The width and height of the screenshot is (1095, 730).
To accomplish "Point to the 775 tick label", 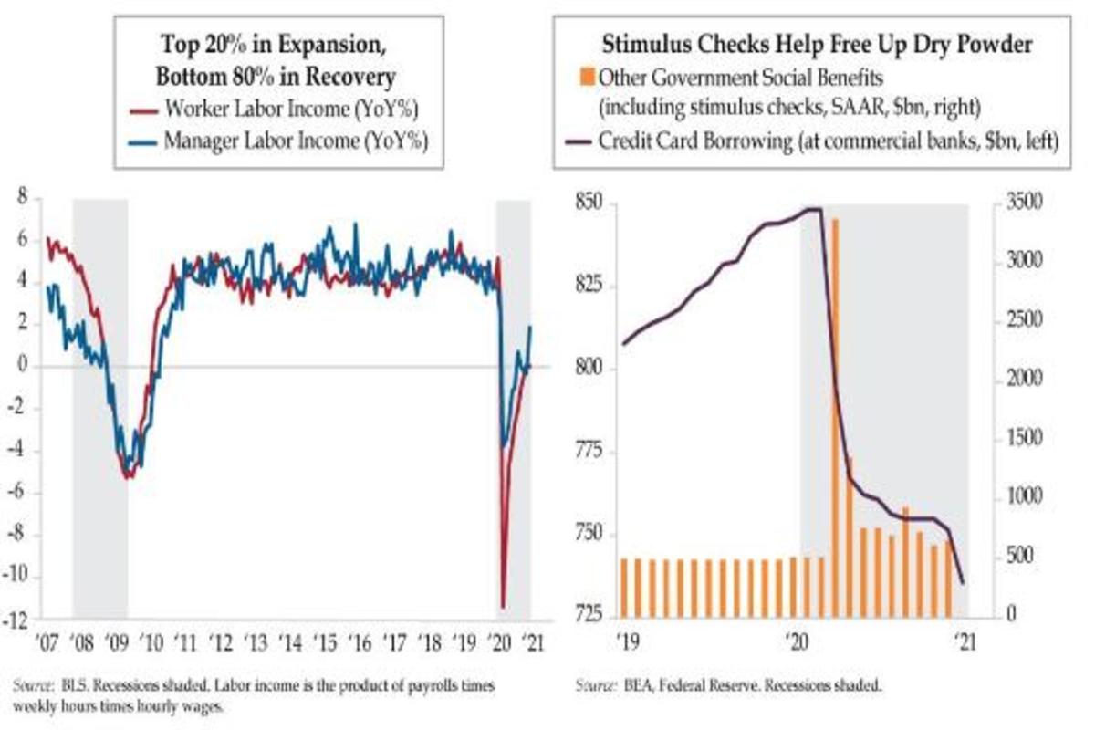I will [x=592, y=451].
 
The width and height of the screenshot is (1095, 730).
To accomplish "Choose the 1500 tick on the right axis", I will [x=1019, y=439].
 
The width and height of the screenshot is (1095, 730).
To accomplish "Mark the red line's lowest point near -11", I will [x=502, y=604].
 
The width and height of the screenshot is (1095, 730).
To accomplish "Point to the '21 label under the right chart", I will [x=961, y=642].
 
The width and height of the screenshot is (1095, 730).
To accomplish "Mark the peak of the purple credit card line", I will [x=814, y=209].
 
